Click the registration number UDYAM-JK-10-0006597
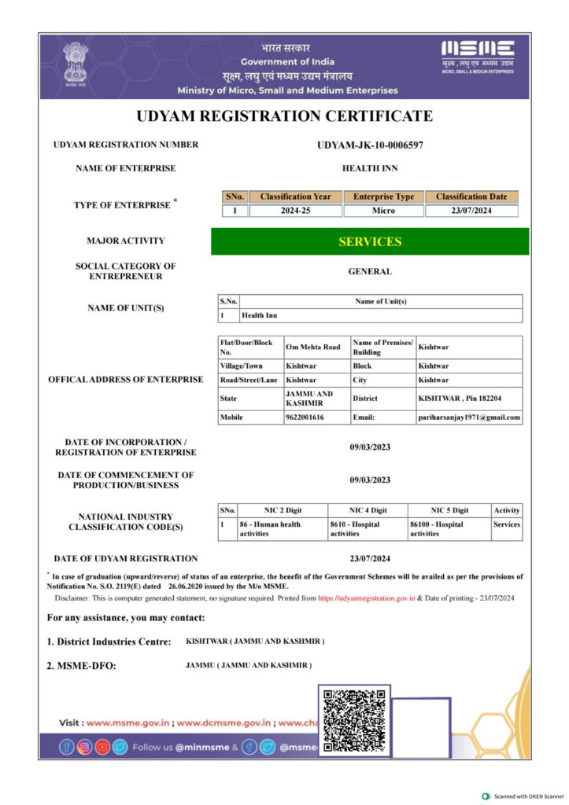click(370, 145)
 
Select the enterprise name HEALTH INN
click(370, 168)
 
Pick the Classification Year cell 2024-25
click(295, 211)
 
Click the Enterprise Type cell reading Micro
click(383, 211)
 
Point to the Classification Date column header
click(471, 197)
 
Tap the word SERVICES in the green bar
click(370, 241)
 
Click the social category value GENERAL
click(370, 272)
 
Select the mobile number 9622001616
click(305, 417)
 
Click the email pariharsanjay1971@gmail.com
click(469, 417)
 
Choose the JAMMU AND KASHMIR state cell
click(309, 399)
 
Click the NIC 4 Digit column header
click(368, 510)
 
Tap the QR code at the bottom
click(354, 719)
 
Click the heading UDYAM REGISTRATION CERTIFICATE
click(284, 116)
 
